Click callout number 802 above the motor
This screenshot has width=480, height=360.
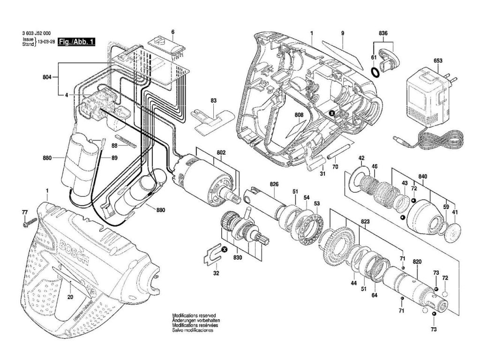pos(221,153)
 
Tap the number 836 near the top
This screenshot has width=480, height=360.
pos(383,33)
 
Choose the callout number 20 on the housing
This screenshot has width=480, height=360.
pos(70,296)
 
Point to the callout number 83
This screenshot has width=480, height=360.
pos(213,100)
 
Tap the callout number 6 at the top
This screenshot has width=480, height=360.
pos(172,32)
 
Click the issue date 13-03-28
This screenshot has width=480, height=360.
pos(47,42)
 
